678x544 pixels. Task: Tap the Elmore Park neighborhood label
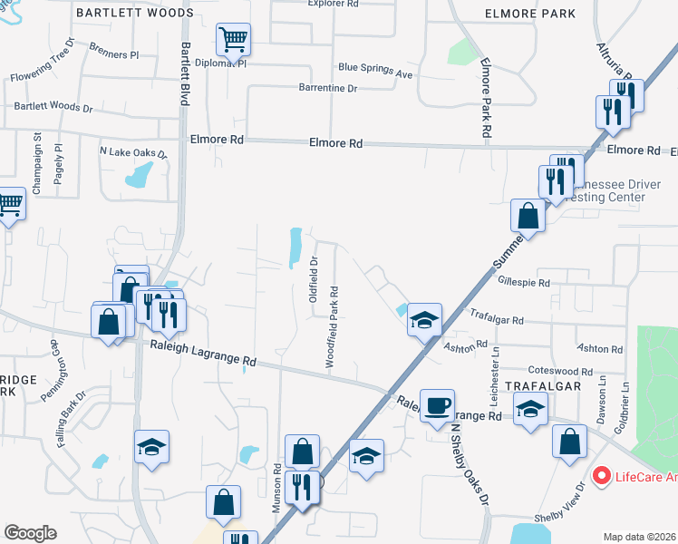click(x=530, y=14)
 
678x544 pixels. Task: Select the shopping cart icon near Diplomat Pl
click(x=233, y=40)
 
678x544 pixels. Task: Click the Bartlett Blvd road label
click(x=184, y=73)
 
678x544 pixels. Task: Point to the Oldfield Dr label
click(x=314, y=272)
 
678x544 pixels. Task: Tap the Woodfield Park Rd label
click(x=334, y=327)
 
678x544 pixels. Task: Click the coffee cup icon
click(x=437, y=404)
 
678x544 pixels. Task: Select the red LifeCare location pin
click(x=599, y=475)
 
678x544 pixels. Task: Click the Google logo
click(x=30, y=533)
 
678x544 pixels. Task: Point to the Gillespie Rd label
click(x=524, y=283)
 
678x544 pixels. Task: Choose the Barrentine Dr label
click(x=328, y=88)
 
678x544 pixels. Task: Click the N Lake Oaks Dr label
click(x=133, y=151)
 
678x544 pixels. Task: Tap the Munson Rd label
click(x=277, y=490)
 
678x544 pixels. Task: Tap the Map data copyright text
click(x=640, y=537)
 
